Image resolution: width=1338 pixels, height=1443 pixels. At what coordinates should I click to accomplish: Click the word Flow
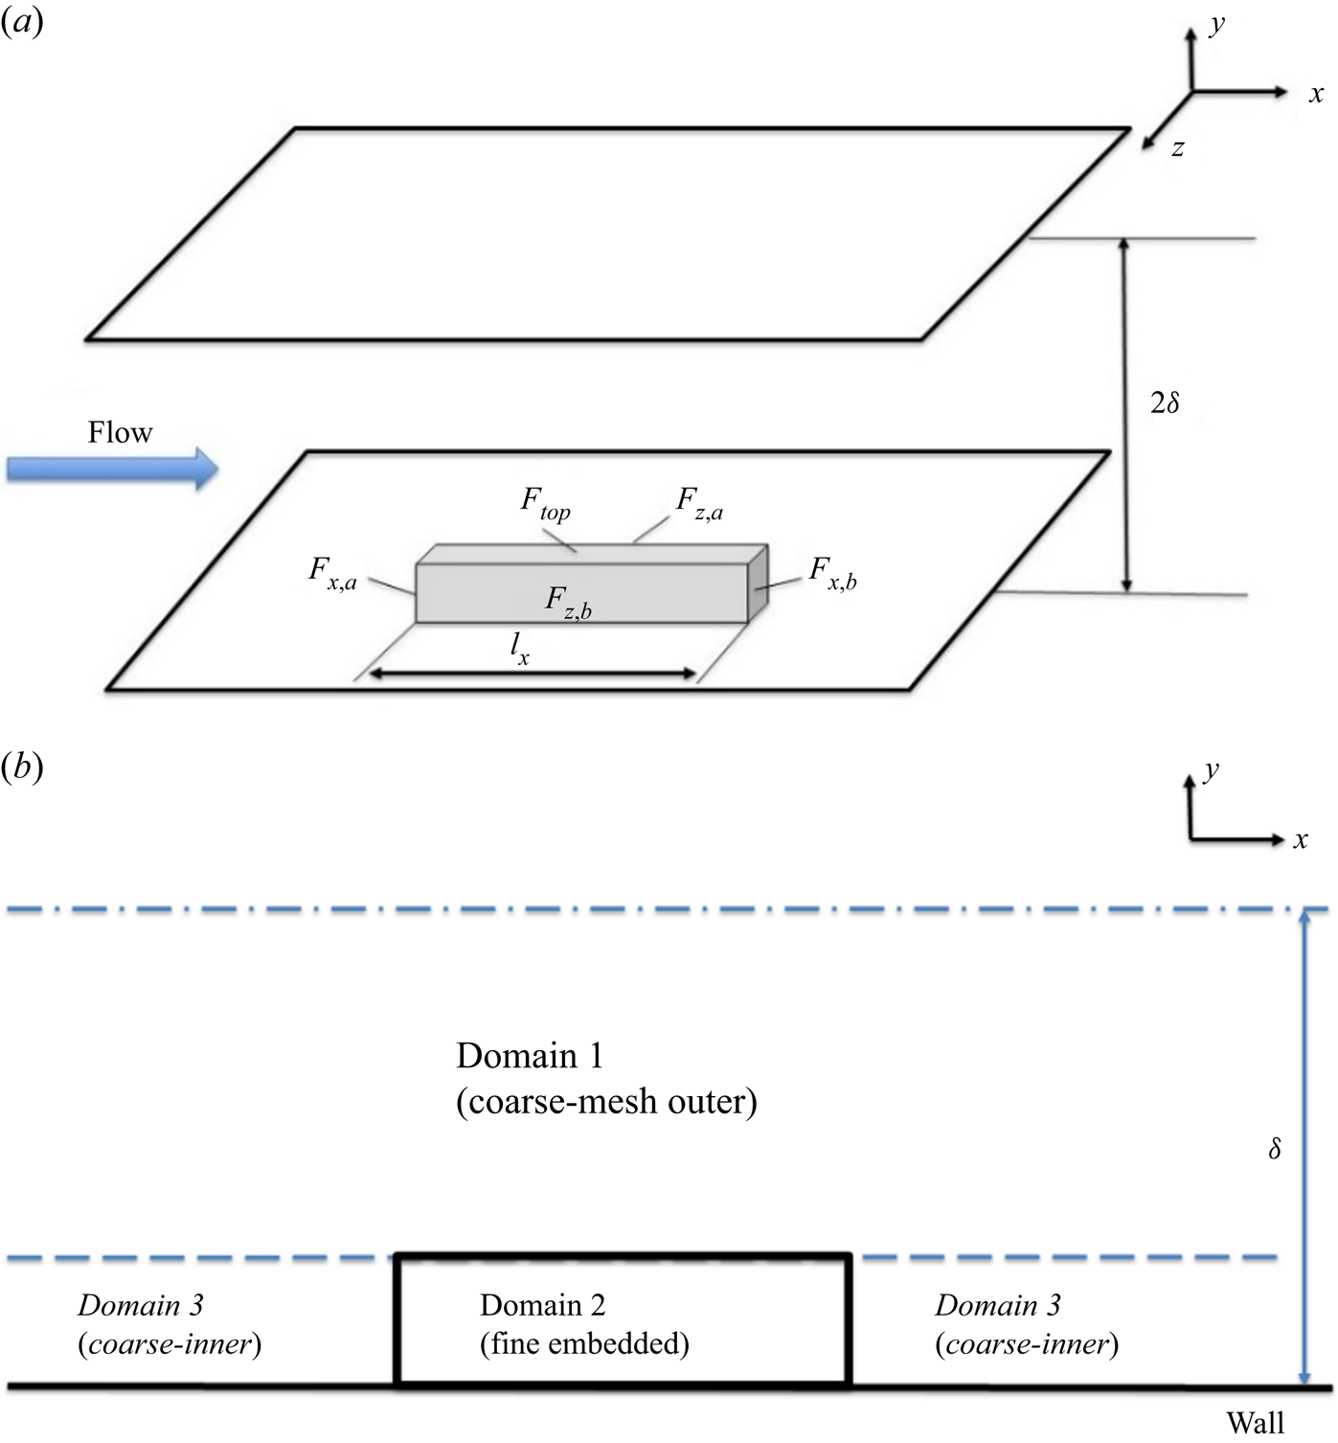(120, 432)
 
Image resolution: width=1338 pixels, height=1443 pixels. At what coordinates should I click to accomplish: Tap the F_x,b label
(832, 573)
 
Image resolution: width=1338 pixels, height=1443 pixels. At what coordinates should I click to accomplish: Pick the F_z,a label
(699, 503)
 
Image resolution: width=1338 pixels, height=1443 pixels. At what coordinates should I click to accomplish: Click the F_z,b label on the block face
(568, 603)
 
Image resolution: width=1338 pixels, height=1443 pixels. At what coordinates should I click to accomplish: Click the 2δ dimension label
(1164, 403)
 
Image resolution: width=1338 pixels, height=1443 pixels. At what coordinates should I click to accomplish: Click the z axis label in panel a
(1178, 148)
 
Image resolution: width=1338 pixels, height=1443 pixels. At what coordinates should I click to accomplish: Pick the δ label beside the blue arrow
(1274, 1149)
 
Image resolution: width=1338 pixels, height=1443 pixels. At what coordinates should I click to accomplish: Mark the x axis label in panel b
(1300, 840)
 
